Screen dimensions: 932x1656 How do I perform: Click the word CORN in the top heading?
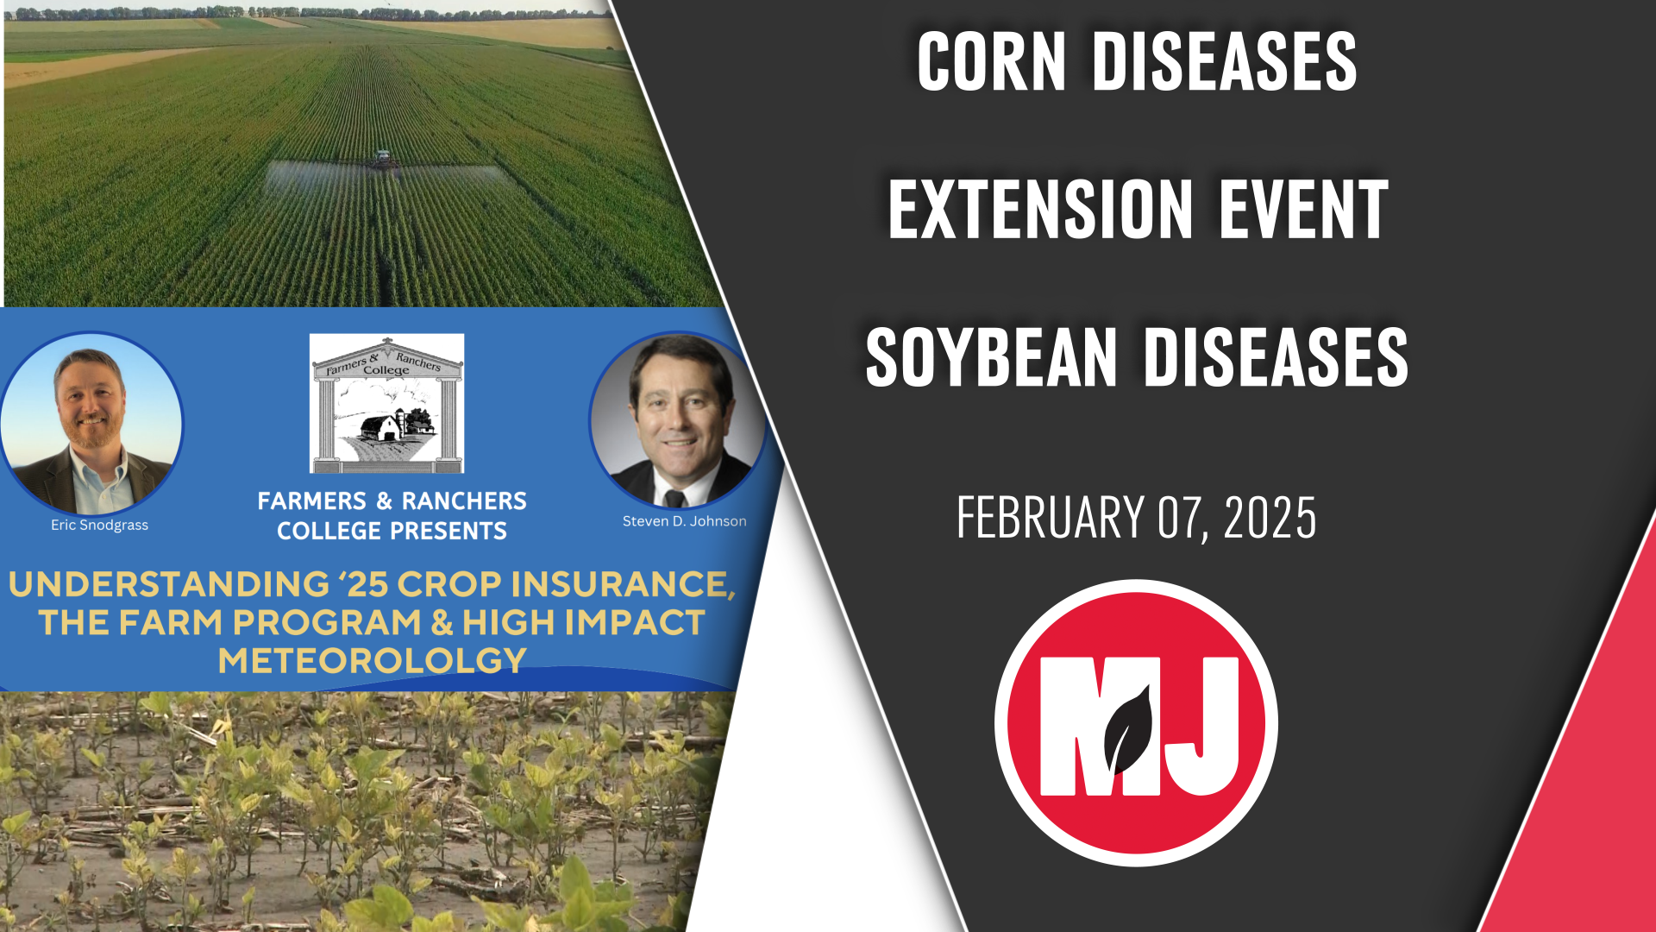click(991, 62)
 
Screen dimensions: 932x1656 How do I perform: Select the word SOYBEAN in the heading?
click(991, 357)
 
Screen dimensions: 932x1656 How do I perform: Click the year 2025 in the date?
click(1270, 518)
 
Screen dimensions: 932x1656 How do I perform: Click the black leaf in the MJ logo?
click(1130, 729)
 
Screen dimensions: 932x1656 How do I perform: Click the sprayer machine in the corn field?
click(383, 159)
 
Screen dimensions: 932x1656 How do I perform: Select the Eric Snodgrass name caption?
click(99, 525)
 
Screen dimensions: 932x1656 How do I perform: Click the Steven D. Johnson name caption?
click(684, 521)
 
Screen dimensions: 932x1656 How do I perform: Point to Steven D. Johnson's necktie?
click(674, 498)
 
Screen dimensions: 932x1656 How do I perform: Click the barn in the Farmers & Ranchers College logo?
click(381, 426)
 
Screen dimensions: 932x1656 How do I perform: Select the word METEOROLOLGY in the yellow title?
click(372, 661)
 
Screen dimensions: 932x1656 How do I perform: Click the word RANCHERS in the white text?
click(464, 501)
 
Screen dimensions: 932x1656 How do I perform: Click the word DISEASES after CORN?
click(1224, 62)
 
